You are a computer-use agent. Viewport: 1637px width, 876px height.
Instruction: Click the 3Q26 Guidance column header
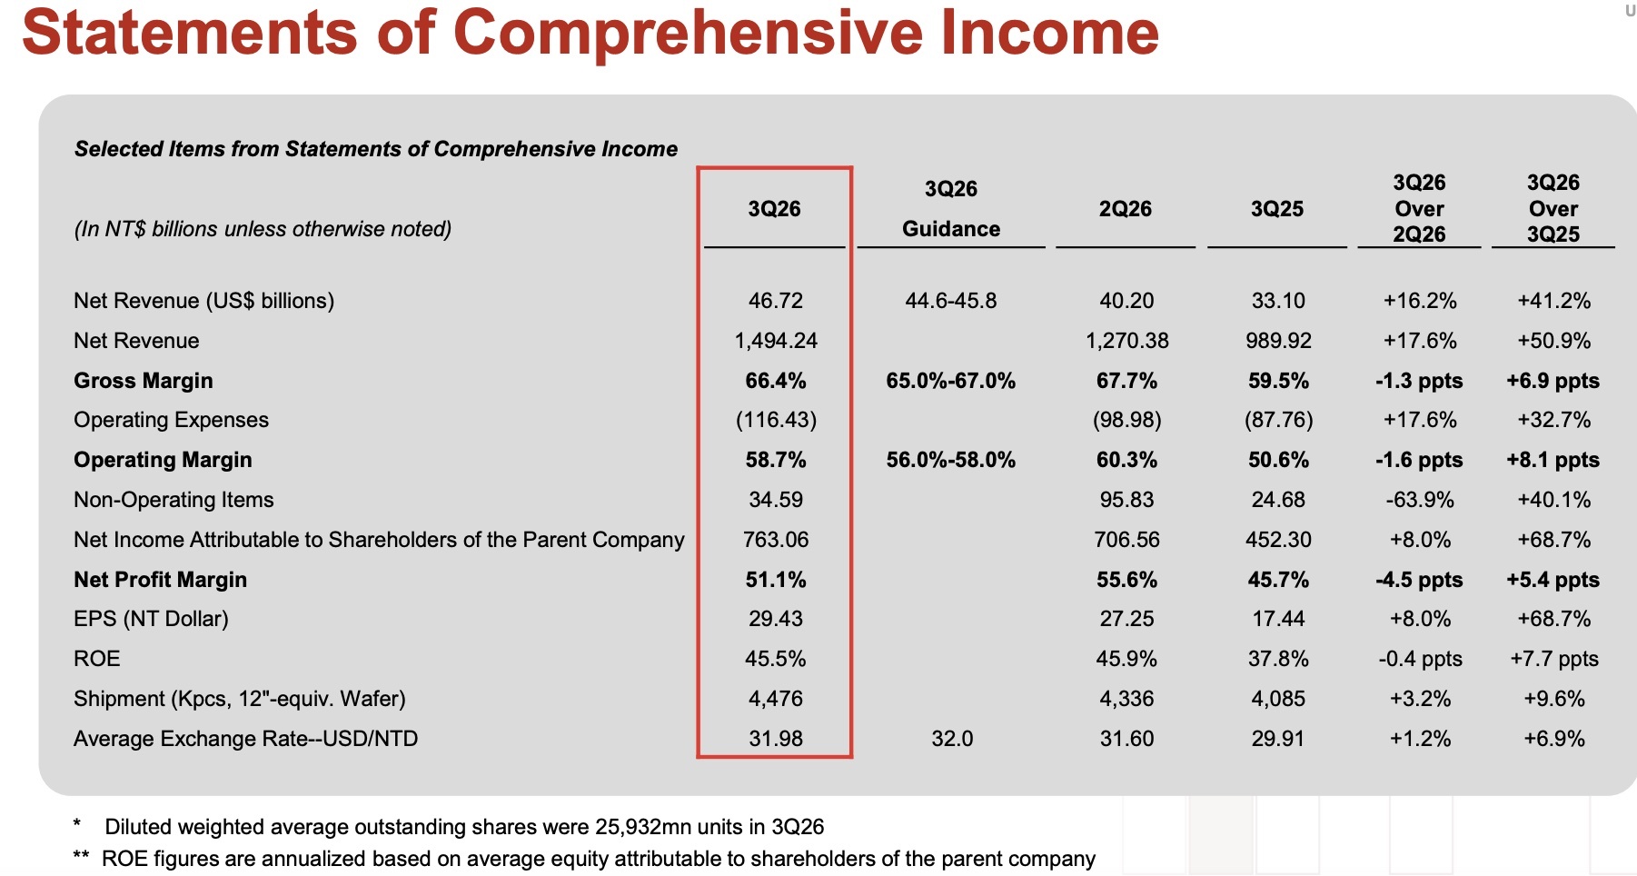coord(951,208)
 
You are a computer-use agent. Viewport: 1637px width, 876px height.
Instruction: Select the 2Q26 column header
coord(1125,209)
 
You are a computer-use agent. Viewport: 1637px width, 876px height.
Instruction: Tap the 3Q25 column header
coord(1276,209)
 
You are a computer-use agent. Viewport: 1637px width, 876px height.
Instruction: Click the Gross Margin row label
coord(144,381)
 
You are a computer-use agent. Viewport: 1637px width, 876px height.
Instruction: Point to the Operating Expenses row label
coord(171,420)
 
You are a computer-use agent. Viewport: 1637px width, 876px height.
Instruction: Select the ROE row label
coord(96,659)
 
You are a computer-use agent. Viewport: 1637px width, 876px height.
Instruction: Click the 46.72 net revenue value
coord(776,301)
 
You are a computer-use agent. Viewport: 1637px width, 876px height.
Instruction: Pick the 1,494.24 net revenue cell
coord(776,341)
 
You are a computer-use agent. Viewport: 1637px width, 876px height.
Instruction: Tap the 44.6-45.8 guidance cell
coord(951,301)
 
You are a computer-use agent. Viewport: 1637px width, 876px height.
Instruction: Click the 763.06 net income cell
coord(776,540)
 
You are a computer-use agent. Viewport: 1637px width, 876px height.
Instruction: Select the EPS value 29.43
coord(776,619)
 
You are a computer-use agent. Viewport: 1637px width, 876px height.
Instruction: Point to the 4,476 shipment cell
coord(776,699)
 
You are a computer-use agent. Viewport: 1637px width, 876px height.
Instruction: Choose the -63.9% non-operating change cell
coord(1420,500)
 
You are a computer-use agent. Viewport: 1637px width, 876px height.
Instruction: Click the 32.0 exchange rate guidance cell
coord(952,739)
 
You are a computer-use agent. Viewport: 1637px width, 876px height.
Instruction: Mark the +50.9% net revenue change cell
coord(1554,341)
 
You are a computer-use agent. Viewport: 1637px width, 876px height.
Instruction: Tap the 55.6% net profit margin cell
coord(1126,580)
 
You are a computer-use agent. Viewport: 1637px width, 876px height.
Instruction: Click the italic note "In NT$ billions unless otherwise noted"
coord(263,229)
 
